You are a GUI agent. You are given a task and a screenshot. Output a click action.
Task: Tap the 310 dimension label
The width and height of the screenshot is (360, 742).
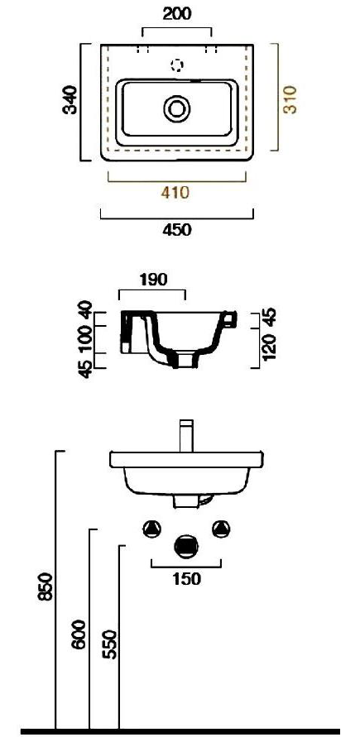tap(290, 98)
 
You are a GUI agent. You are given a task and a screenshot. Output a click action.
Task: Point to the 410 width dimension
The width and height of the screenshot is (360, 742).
tap(175, 193)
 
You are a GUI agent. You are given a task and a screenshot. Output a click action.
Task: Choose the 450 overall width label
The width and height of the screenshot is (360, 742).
tap(175, 230)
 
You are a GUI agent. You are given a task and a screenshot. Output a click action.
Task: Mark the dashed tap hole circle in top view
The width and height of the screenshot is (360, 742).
tap(176, 65)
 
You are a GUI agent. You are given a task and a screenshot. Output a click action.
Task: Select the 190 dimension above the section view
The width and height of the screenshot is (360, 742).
tap(153, 280)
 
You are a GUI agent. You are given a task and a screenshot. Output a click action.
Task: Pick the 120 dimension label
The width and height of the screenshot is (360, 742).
tap(268, 343)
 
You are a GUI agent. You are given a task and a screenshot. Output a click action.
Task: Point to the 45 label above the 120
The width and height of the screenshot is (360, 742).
tap(268, 316)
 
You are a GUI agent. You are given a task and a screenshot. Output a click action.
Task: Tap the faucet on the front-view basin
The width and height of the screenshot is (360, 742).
tap(186, 435)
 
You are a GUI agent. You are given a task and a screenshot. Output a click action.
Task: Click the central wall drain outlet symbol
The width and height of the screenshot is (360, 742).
tap(186, 546)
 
